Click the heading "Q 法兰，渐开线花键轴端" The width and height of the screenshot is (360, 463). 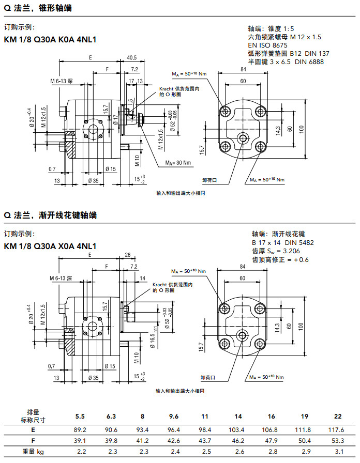[x=51, y=215]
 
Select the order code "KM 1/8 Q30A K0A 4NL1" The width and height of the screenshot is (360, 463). [x=50, y=39]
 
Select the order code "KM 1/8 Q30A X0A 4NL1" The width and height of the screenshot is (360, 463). [x=50, y=246]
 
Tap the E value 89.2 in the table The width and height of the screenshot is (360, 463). [x=80, y=429]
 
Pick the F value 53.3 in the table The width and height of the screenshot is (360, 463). [x=337, y=441]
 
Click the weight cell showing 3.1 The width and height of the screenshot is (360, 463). [x=337, y=452]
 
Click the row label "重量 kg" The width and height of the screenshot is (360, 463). [x=32, y=452]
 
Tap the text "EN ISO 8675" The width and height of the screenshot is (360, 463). [x=269, y=45]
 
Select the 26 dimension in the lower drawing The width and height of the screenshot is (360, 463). [x=127, y=254]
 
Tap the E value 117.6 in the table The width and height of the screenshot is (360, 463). [x=337, y=429]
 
